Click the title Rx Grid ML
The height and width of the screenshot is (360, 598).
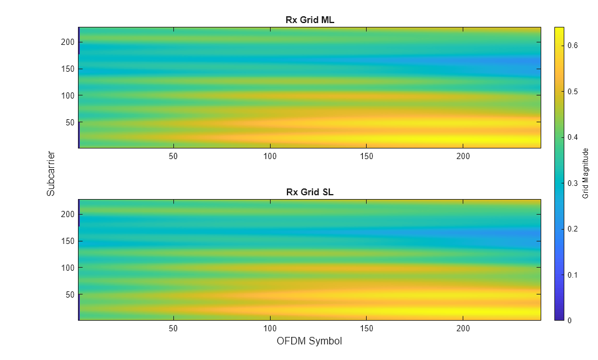click(310, 20)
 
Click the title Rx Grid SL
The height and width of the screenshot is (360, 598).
click(310, 192)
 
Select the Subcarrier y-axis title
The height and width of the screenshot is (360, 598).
click(51, 173)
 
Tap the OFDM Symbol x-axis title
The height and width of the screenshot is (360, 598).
click(309, 341)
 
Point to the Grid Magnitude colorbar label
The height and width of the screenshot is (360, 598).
click(586, 173)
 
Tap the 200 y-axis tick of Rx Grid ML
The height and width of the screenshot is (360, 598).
click(68, 42)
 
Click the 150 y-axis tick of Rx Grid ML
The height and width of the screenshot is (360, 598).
click(68, 69)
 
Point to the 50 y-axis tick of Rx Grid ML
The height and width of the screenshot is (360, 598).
click(70, 122)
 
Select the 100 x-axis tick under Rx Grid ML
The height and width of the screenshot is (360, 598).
click(270, 156)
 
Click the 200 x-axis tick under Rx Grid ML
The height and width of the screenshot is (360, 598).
click(463, 156)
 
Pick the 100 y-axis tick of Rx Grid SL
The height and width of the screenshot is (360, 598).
click(68, 268)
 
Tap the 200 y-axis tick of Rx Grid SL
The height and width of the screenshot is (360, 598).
click(68, 214)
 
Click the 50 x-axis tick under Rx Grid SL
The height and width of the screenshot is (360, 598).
click(173, 328)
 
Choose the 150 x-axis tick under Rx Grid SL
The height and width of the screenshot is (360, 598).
click(367, 328)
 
